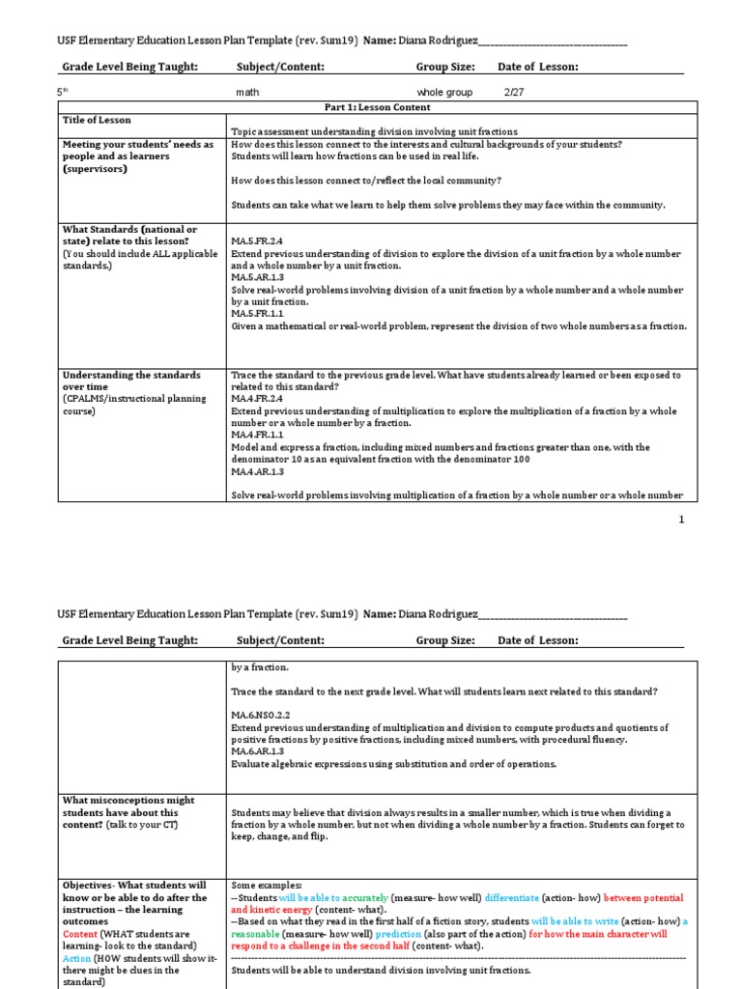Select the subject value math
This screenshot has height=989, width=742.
[248, 93]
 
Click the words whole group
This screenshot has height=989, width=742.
[444, 93]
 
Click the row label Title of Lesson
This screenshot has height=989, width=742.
[97, 121]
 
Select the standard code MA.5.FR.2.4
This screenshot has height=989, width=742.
[256, 240]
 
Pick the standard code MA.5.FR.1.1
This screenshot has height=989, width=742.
[256, 314]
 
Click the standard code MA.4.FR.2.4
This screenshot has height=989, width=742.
[256, 399]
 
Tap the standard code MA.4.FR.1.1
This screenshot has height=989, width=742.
[256, 436]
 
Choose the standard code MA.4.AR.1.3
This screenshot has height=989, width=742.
[256, 472]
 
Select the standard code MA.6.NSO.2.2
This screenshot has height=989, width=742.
[260, 715]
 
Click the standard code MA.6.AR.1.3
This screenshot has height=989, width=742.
[256, 751]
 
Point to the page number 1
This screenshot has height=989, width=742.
[681, 520]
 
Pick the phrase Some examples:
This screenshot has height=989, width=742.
[266, 886]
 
